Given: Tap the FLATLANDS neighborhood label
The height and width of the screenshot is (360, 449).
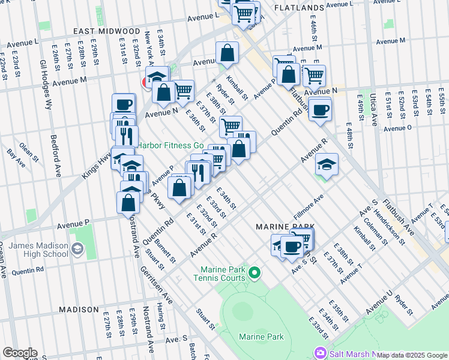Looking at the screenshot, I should click(299, 8).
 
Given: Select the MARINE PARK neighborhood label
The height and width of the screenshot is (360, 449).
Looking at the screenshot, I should click(285, 227).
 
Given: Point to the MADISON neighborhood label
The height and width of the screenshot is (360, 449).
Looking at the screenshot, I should click(79, 310).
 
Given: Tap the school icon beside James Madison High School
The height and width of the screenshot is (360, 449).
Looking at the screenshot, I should click(77, 248).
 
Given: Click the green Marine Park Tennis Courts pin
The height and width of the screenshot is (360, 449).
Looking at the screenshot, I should click(255, 274).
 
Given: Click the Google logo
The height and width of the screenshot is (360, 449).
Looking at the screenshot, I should click(20, 353).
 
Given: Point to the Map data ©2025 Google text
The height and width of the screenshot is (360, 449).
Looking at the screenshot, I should click(412, 355).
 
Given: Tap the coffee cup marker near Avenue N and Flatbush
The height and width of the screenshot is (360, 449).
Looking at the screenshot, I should click(320, 109).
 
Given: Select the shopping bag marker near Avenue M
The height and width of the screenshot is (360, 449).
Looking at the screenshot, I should click(228, 53).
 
